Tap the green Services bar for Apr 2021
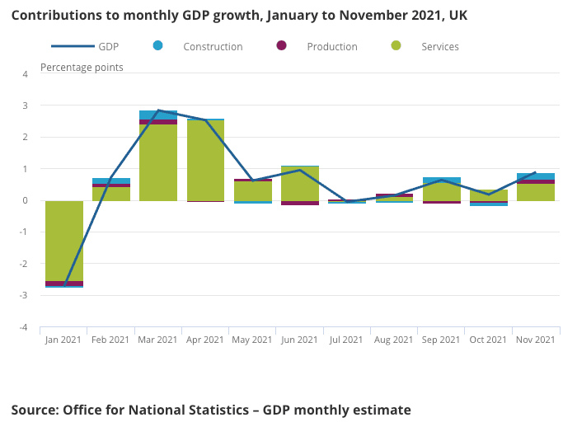click(x=205, y=161)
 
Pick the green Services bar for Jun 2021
click(x=300, y=183)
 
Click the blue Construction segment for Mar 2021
click(x=158, y=115)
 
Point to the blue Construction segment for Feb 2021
click(x=111, y=181)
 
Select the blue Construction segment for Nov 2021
click(x=536, y=176)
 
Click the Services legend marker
click(x=396, y=45)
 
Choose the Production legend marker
click(x=281, y=45)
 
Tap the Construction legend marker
click(x=158, y=45)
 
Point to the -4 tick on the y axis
click(x=25, y=327)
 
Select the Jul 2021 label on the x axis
click(x=346, y=340)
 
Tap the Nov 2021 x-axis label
click(x=536, y=340)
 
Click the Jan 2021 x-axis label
click(x=63, y=340)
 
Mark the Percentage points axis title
click(x=82, y=67)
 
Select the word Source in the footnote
click(x=35, y=410)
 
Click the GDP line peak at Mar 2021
click(x=158, y=110)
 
